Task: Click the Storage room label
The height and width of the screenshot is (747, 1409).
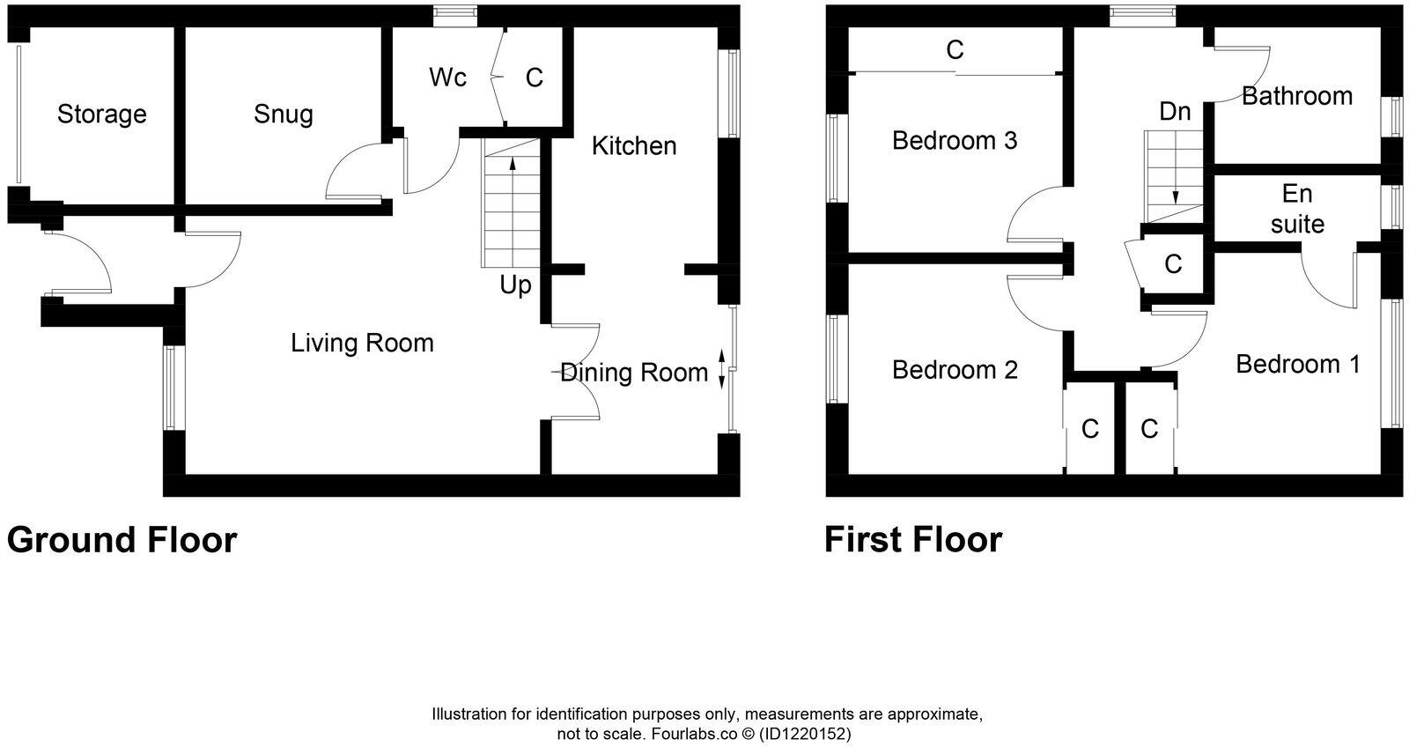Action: (101, 114)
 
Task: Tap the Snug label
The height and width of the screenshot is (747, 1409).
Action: (283, 114)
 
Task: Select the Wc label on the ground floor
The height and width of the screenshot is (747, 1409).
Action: (447, 78)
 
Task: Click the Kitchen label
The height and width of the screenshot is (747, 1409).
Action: (633, 145)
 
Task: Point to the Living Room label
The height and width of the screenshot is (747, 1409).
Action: (362, 343)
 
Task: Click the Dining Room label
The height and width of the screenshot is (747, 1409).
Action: (634, 373)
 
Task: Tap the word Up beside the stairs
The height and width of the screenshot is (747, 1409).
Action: (515, 285)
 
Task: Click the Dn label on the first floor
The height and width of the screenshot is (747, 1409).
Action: (1175, 112)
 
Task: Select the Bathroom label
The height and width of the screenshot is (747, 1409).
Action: (1296, 96)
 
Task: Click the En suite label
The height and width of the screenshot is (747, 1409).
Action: (1297, 209)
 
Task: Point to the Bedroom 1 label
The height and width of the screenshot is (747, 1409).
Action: (1297, 364)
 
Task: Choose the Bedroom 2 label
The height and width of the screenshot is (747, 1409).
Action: (955, 369)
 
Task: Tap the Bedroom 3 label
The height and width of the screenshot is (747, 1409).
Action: (955, 140)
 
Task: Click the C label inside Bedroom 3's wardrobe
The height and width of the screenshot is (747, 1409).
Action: (955, 50)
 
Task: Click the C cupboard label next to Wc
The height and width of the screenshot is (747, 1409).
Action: (535, 78)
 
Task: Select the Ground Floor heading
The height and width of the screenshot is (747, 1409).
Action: (122, 540)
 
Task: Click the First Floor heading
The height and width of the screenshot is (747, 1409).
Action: (912, 540)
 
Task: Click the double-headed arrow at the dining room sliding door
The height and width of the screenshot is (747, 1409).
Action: (722, 369)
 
